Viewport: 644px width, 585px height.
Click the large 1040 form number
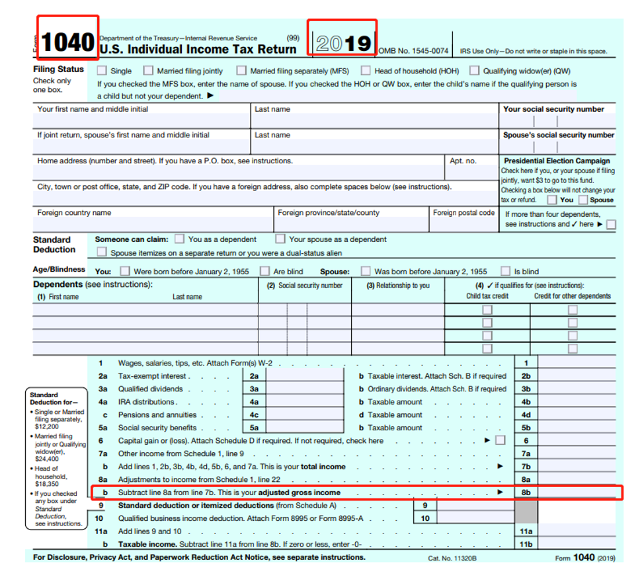(67, 42)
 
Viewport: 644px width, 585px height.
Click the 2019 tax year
(343, 43)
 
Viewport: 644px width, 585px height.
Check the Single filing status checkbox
(102, 71)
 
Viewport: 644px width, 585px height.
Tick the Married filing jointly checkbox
(148, 71)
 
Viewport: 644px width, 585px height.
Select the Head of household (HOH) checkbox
(366, 71)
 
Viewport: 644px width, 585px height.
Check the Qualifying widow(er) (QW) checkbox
(474, 71)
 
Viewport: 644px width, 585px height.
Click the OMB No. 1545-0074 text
(413, 51)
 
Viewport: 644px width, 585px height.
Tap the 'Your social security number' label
(553, 109)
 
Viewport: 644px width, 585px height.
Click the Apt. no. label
(463, 161)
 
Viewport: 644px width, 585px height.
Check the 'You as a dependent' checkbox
(179, 239)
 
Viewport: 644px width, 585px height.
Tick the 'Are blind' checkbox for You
(264, 271)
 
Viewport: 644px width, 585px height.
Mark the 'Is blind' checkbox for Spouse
(505, 271)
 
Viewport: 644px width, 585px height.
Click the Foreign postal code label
(463, 213)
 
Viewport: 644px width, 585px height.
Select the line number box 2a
(254, 376)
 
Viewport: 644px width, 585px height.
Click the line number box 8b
(526, 492)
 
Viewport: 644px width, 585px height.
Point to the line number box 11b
(526, 544)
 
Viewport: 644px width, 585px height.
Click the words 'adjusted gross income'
(299, 492)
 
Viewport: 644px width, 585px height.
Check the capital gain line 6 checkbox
(500, 440)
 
